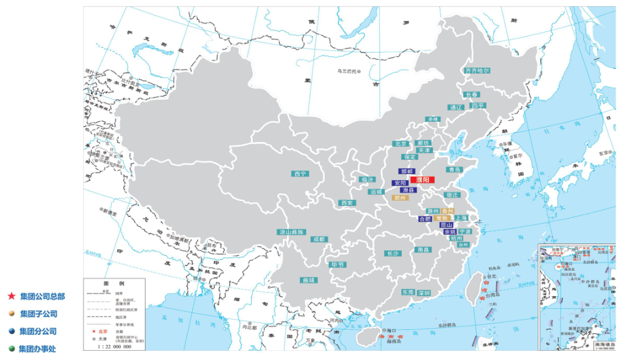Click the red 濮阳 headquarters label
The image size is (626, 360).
(x=422, y=180)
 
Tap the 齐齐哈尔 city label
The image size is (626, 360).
(x=477, y=70)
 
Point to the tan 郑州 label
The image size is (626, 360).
(x=401, y=198)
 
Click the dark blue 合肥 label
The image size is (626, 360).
(x=425, y=219)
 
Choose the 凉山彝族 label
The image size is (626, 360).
(x=292, y=232)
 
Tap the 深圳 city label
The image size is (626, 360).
(x=423, y=293)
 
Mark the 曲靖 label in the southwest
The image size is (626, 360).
(x=308, y=280)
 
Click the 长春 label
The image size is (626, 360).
(x=471, y=94)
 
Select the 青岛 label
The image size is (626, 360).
(x=453, y=170)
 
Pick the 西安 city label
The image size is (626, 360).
(x=347, y=203)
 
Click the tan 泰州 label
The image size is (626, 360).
(x=447, y=211)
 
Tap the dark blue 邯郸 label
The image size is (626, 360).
(x=406, y=172)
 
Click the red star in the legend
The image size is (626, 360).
(x=11, y=296)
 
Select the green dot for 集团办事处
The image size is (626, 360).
(x=11, y=349)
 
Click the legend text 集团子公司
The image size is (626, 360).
(x=38, y=314)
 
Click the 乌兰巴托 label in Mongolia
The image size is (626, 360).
(x=348, y=71)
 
